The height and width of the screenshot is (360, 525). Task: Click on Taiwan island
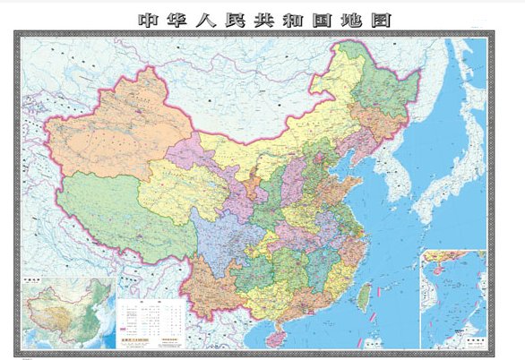tap(365, 295)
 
